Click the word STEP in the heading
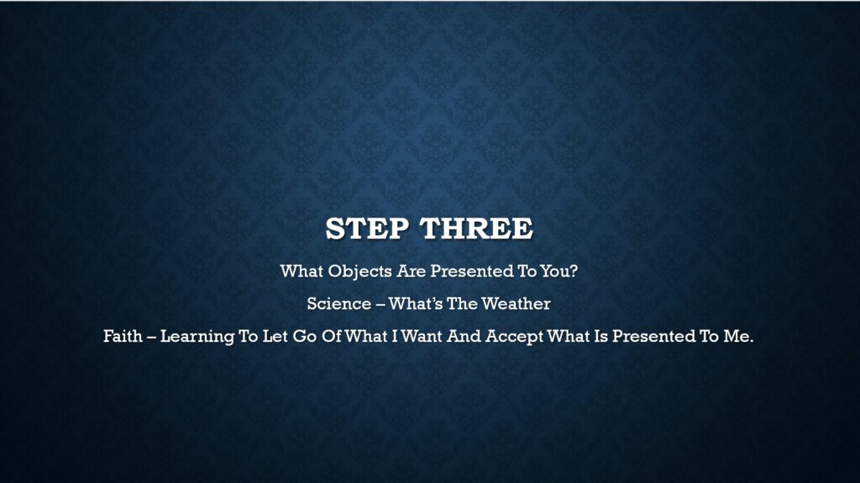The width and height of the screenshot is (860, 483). click(x=367, y=228)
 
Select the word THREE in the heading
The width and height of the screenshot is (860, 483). click(x=477, y=228)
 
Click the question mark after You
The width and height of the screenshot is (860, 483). click(x=574, y=271)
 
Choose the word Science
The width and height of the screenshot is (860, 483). click(x=339, y=303)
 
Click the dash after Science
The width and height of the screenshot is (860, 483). click(x=380, y=305)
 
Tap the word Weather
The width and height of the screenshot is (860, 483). click(x=517, y=303)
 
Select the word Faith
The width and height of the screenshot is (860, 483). click(x=123, y=336)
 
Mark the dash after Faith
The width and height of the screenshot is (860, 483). click(x=151, y=337)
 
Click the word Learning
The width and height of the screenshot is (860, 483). click(x=197, y=337)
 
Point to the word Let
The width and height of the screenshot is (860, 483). click(x=275, y=336)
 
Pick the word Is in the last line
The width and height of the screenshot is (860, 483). click(x=601, y=336)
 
